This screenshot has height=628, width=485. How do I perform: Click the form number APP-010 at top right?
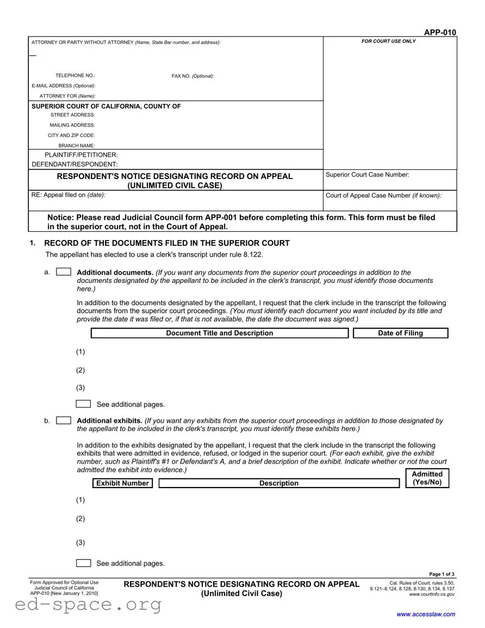tap(440, 33)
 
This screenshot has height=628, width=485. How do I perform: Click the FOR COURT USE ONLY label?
tap(389, 41)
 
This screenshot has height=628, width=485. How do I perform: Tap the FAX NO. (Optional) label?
tap(192, 76)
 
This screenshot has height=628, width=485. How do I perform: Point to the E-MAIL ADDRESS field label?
tap(63, 85)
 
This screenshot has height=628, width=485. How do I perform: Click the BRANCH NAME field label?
tap(76, 145)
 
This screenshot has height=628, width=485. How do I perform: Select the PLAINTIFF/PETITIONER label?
tap(81, 155)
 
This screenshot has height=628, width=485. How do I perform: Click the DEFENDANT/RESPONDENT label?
tap(74, 164)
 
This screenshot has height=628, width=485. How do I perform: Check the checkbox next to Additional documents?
tap(64, 272)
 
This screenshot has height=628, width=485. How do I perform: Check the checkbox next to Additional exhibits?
tap(64, 420)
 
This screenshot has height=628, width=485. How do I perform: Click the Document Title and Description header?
tap(219, 333)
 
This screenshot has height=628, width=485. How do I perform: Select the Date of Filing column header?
tap(400, 333)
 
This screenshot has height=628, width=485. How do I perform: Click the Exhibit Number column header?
tap(122, 483)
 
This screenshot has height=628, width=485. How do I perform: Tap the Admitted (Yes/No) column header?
tap(427, 478)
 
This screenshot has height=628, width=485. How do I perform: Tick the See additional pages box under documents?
tap(83, 404)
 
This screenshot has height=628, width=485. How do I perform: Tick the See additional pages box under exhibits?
tap(83, 563)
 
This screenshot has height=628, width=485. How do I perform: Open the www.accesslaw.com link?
tap(426, 614)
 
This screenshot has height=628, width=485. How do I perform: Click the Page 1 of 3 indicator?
tap(442, 575)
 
